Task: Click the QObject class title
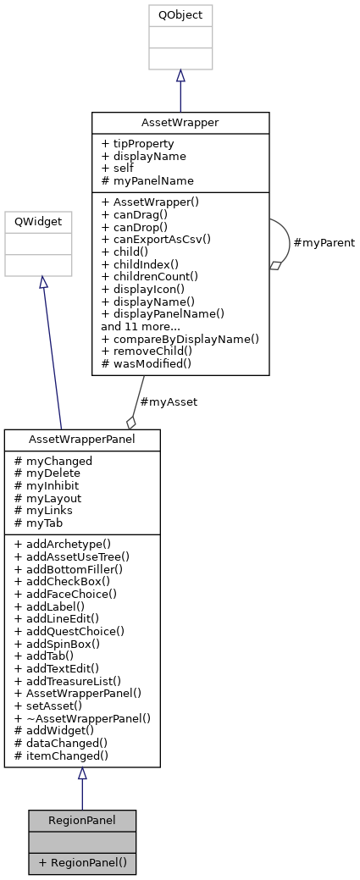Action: [x=180, y=14]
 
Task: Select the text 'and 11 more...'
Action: [x=140, y=325]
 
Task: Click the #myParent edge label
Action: [x=323, y=243]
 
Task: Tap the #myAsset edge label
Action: [x=169, y=402]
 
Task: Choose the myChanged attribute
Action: [x=53, y=461]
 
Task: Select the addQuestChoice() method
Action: [x=69, y=631]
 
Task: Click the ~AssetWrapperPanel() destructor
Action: [x=82, y=717]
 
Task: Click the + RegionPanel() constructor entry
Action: [x=82, y=862]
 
